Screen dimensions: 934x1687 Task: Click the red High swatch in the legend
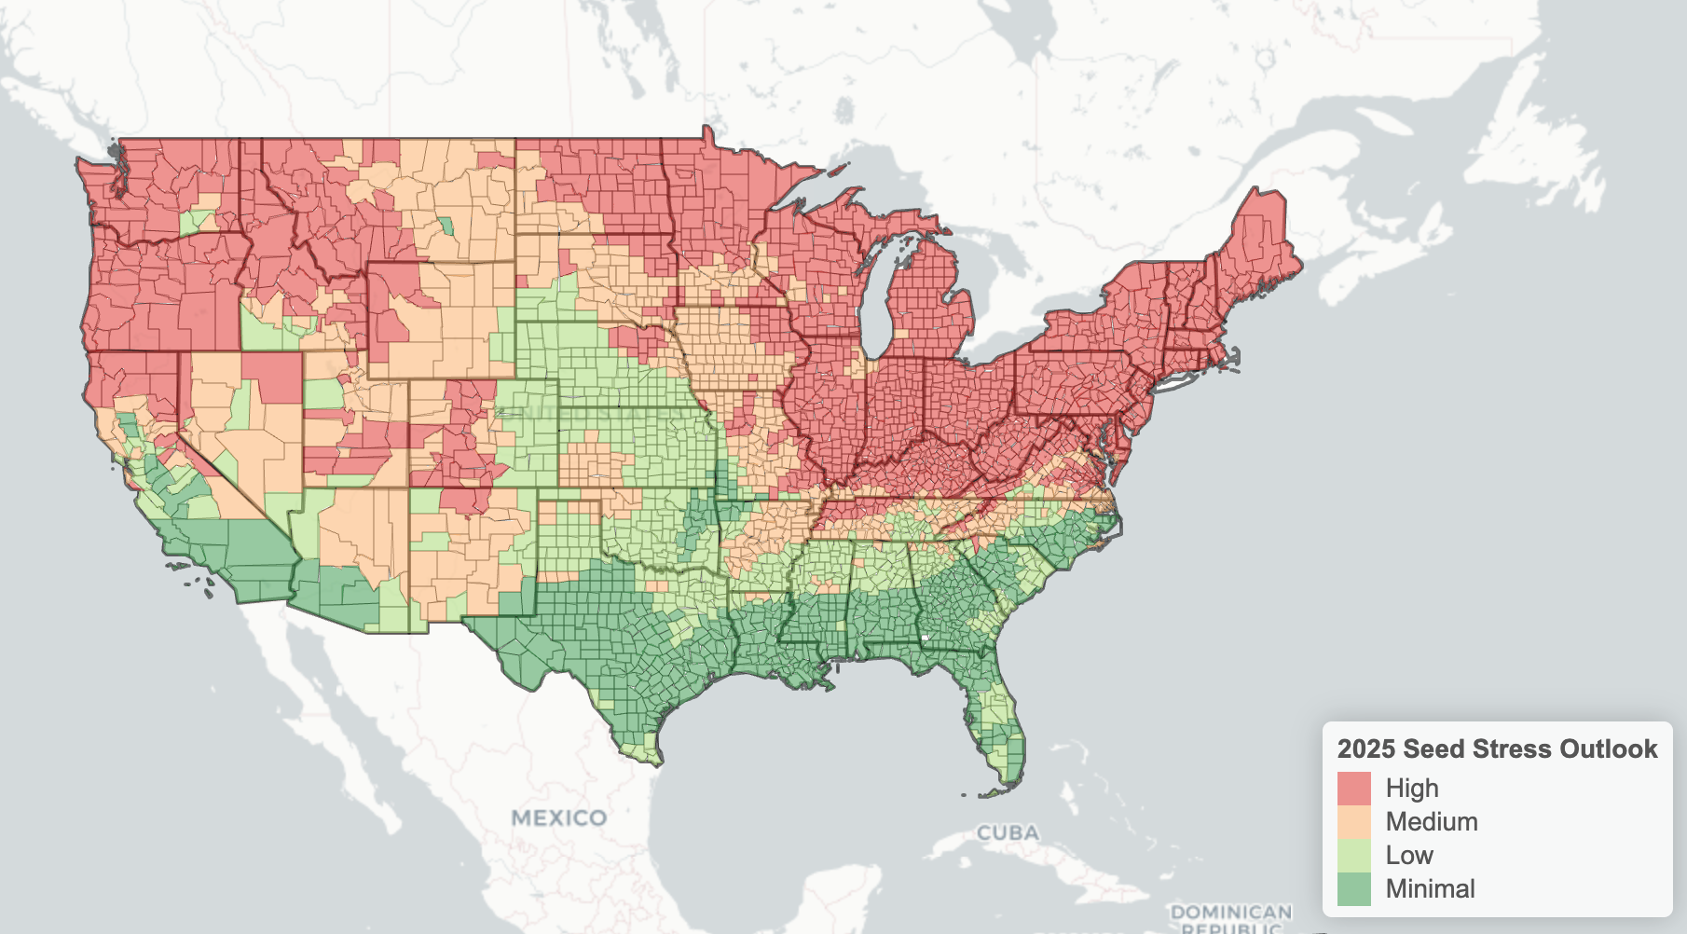click(x=1353, y=789)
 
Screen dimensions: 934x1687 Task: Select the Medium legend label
click(x=1431, y=822)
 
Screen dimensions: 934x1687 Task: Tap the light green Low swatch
click(x=1353, y=856)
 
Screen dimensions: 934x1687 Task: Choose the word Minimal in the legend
click(x=1430, y=889)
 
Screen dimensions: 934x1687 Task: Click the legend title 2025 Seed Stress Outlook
click(x=1497, y=749)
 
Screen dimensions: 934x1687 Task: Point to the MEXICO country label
click(x=559, y=818)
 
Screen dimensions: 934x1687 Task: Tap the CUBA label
click(x=1007, y=832)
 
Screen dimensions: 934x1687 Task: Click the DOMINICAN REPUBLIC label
click(x=1230, y=917)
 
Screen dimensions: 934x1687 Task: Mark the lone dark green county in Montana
click(x=446, y=226)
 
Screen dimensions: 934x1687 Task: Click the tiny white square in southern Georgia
click(x=924, y=638)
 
